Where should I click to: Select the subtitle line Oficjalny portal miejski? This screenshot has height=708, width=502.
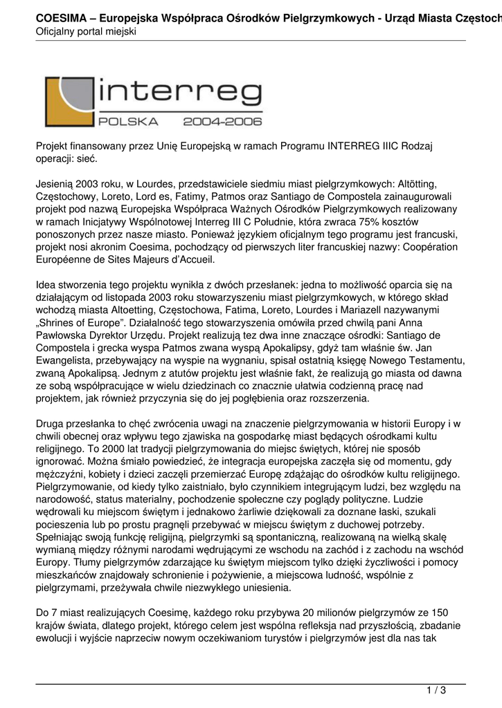tap(87, 32)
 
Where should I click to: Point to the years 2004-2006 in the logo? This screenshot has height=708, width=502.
tap(223, 122)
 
